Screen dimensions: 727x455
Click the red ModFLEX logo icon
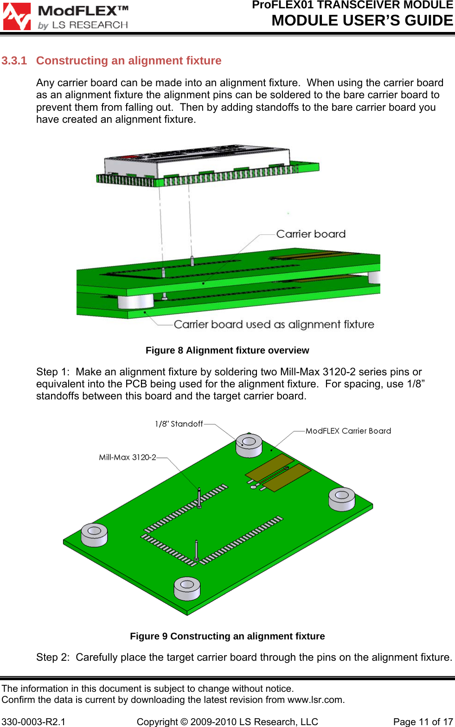pyautogui.click(x=17, y=17)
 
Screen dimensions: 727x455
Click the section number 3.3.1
pyautogui.click(x=14, y=61)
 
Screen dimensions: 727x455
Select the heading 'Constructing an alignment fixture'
pyautogui.click(x=128, y=61)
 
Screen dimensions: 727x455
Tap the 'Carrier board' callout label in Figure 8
pyautogui.click(x=311, y=234)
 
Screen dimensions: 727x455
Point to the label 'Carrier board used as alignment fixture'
pyautogui.click(x=274, y=324)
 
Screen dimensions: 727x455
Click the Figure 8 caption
pyautogui.click(x=227, y=350)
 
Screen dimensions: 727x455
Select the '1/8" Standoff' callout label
pyautogui.click(x=179, y=424)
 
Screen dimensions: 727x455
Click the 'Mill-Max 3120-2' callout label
pyautogui.click(x=127, y=457)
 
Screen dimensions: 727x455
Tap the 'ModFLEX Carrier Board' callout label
pyautogui.click(x=348, y=431)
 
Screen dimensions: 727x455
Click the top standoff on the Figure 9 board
pyautogui.click(x=249, y=445)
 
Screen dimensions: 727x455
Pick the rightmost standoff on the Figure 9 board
pyautogui.click(x=342, y=499)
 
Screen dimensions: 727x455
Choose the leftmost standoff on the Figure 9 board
pyautogui.click(x=94, y=534)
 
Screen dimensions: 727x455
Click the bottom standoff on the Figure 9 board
pyautogui.click(x=187, y=588)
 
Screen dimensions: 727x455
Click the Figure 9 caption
pyautogui.click(x=227, y=636)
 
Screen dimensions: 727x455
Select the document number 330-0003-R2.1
pyautogui.click(x=33, y=722)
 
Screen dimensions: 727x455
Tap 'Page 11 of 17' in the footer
pyautogui.click(x=423, y=722)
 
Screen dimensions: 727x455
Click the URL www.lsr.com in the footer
pyautogui.click(x=315, y=700)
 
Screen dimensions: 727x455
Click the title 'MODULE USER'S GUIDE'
pyautogui.click(x=362, y=21)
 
